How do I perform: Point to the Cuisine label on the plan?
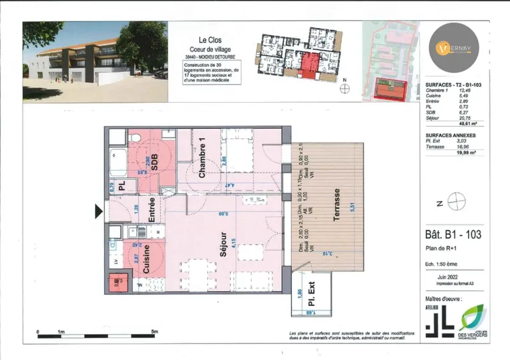(x=147, y=260)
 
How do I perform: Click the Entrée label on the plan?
(x=152, y=210)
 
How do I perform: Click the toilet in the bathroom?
(x=134, y=138)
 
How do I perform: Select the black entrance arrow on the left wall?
(x=99, y=210)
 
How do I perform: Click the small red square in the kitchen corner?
(x=116, y=282)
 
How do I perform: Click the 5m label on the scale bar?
(x=155, y=332)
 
